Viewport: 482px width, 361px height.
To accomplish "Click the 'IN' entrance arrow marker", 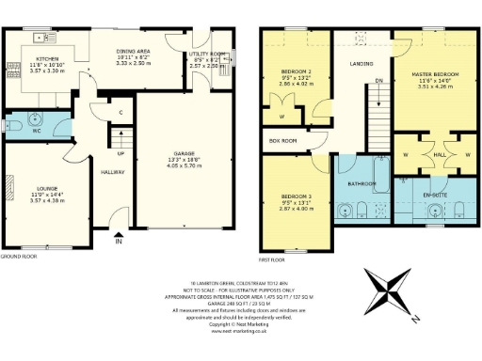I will point(118,242).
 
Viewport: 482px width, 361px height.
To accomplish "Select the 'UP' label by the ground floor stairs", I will point(120,153).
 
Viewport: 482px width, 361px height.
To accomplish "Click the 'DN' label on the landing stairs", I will point(378,81).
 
